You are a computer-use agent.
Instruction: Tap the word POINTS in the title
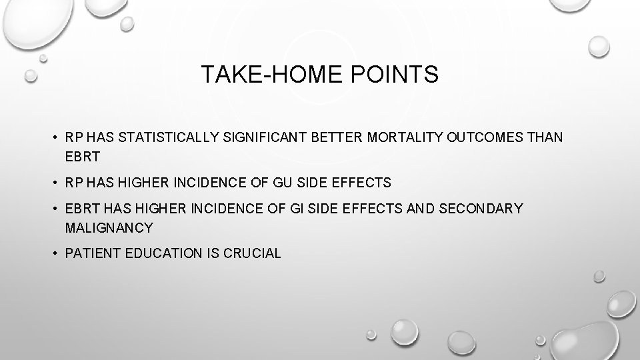pyautogui.click(x=401, y=75)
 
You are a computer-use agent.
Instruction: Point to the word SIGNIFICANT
pyautogui.click(x=263, y=137)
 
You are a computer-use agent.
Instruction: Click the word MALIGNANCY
pyautogui.click(x=109, y=228)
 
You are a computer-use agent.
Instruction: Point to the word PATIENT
pyautogui.click(x=92, y=254)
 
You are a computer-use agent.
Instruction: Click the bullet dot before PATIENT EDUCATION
pyautogui.click(x=56, y=254)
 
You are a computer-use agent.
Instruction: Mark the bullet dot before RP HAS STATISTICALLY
pyautogui.click(x=56, y=137)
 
